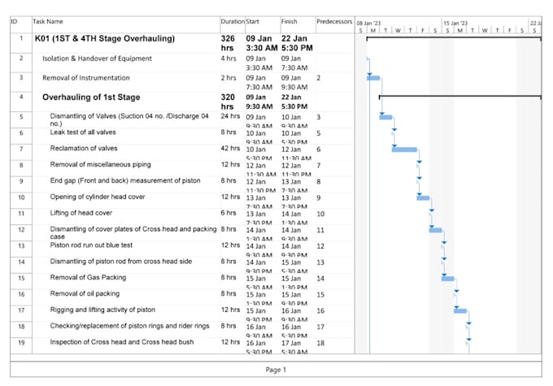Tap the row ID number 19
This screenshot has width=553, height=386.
coord(20,342)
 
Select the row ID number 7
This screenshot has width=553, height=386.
coord(20,150)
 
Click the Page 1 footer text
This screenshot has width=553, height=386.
coord(276,370)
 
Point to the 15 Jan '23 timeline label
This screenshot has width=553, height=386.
coord(455,23)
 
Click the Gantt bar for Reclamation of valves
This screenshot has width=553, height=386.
coord(404,150)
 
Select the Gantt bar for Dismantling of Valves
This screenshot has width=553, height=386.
coord(385,117)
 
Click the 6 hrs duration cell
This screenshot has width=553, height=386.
coord(229,213)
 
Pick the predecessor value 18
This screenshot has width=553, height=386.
coord(320,342)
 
